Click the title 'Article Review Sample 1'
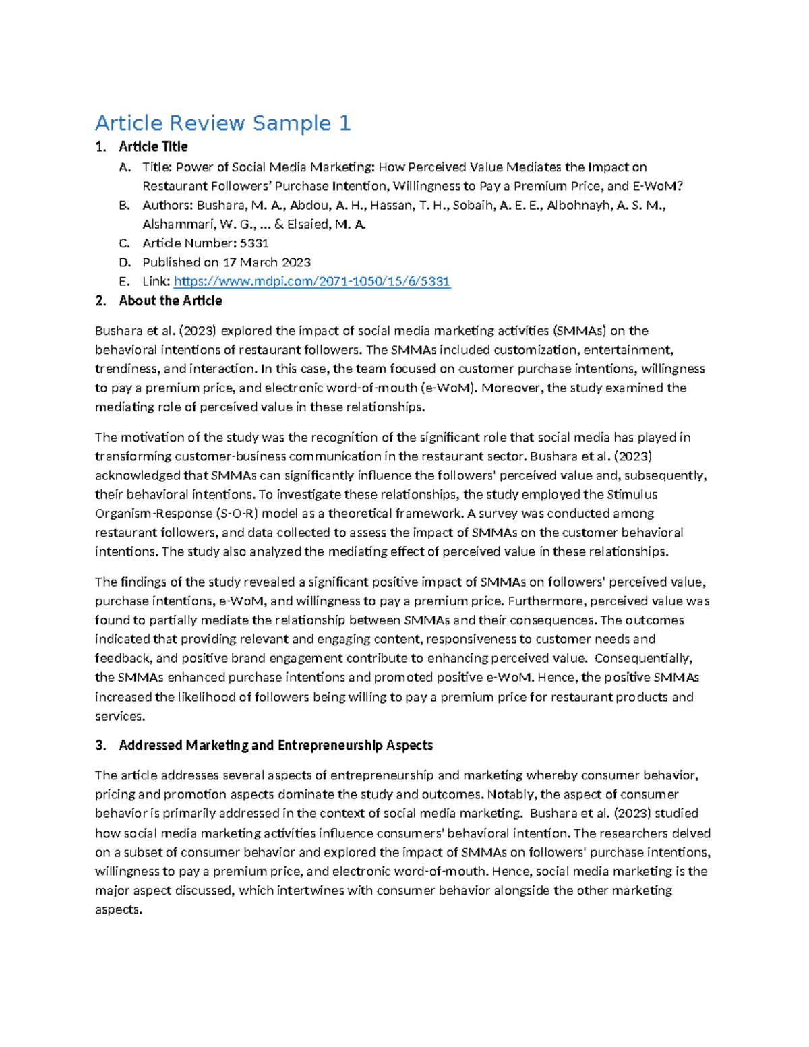coord(222,123)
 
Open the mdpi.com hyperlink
coord(311,281)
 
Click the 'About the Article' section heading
coord(170,301)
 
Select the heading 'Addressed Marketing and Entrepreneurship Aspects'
coord(275,745)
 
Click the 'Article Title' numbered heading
coord(153,146)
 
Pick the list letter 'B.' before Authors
coord(124,206)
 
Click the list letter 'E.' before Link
coord(124,281)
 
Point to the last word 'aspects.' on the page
coord(119,909)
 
